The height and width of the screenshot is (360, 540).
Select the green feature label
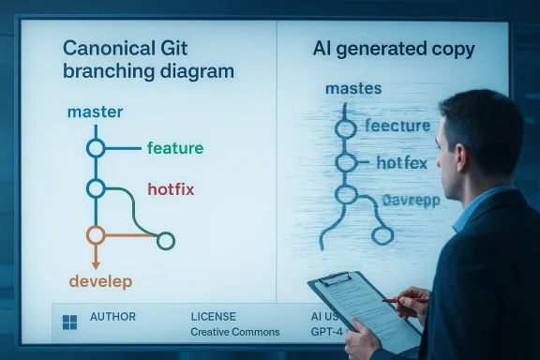[x=175, y=148]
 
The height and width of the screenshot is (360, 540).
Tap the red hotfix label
[x=171, y=189]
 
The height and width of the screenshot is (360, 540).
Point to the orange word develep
[x=100, y=281]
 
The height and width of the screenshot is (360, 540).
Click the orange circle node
[x=95, y=234]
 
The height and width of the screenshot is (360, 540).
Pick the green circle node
[x=166, y=241]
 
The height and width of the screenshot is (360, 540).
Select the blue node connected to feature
[x=95, y=147]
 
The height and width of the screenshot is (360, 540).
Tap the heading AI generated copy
[x=394, y=49]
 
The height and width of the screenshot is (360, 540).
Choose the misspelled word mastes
[x=352, y=90]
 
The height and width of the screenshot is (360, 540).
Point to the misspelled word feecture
[x=397, y=126]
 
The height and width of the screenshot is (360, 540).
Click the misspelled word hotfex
[x=401, y=163]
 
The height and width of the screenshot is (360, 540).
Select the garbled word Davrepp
[x=411, y=200]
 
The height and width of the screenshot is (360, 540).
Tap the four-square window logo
[x=68, y=322]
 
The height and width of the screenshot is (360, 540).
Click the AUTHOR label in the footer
[x=112, y=317]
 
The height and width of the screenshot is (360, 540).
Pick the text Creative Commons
[x=235, y=332]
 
